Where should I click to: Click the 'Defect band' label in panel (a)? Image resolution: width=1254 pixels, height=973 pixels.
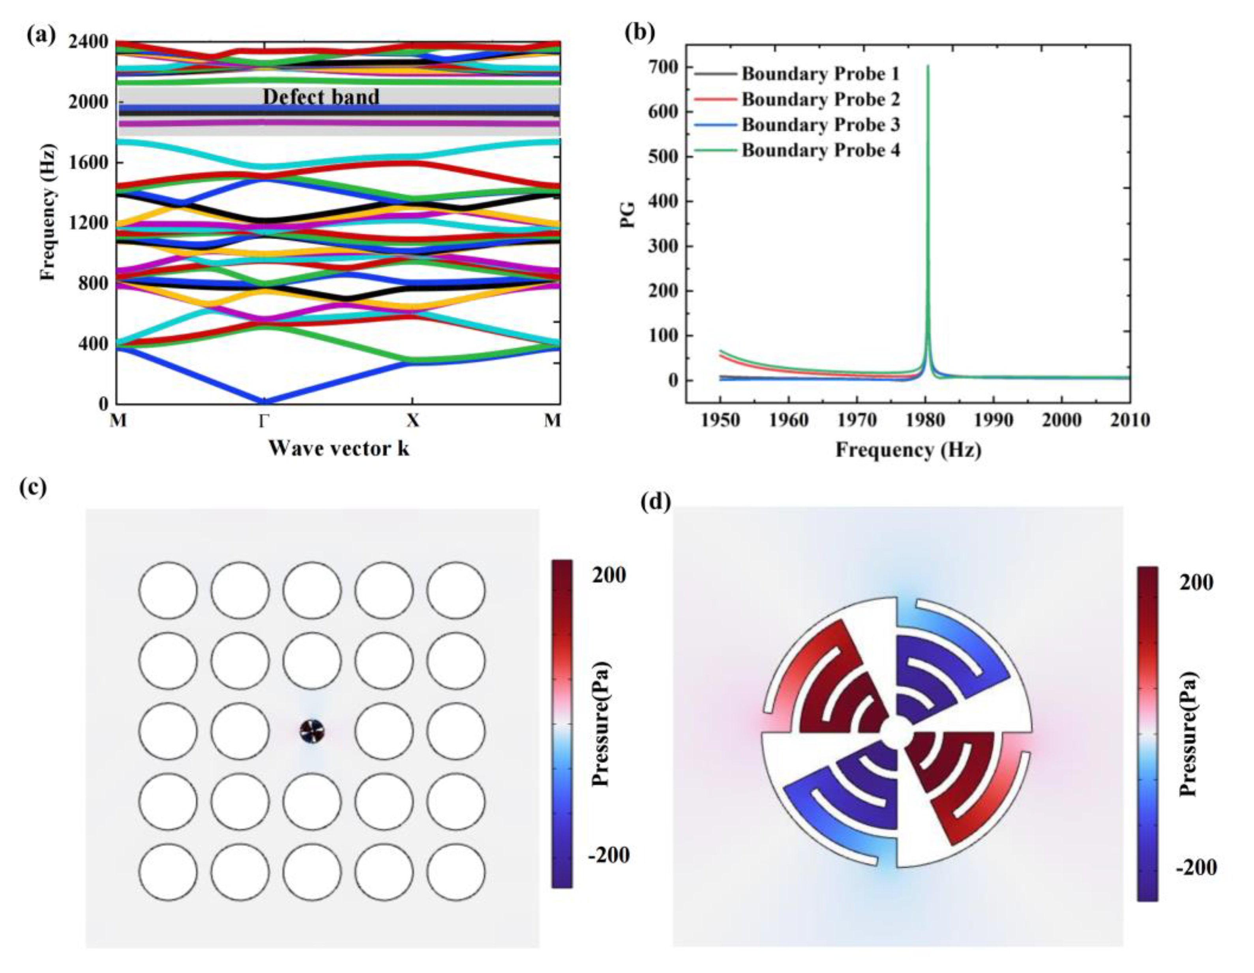(321, 96)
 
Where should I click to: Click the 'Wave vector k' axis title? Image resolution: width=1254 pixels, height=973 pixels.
(339, 448)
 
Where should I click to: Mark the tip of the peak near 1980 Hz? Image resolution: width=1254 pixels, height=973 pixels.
(928, 66)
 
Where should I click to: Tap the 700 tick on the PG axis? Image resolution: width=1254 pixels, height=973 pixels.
(664, 67)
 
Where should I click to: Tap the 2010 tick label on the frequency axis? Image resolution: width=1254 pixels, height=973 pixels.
(1129, 421)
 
